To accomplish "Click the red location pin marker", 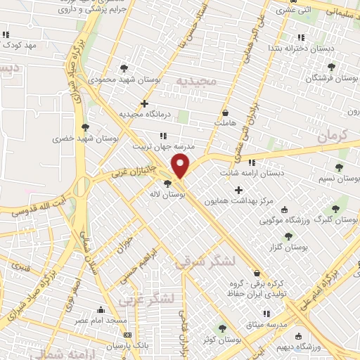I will tap(181, 167).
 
